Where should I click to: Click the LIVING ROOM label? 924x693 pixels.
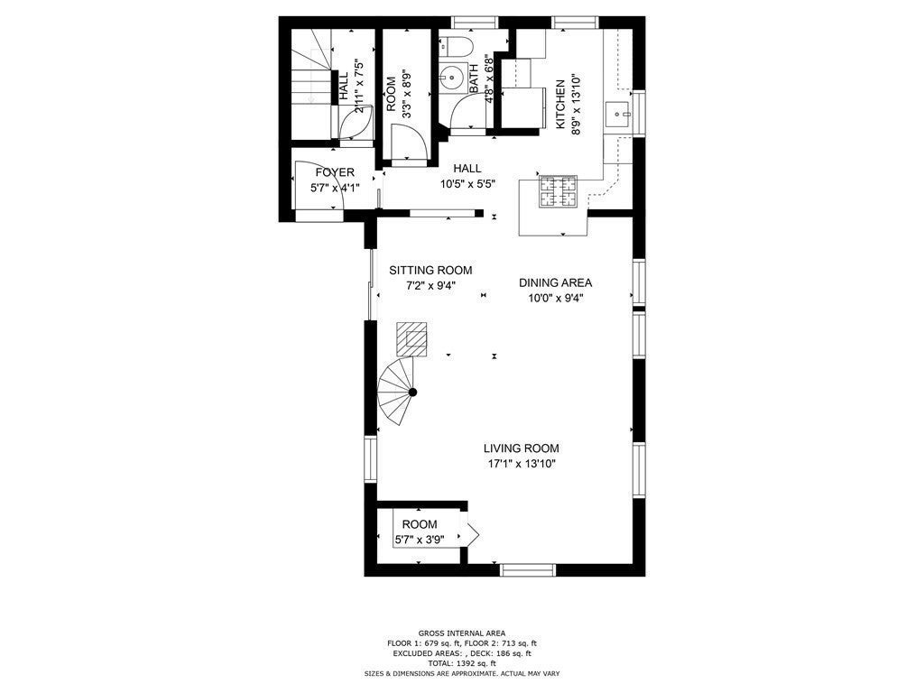[x=521, y=448]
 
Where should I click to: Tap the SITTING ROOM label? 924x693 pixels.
[x=430, y=271]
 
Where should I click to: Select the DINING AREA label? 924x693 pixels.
[x=555, y=282]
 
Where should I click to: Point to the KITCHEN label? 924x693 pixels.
[x=560, y=105]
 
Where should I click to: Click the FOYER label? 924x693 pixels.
[x=335, y=172]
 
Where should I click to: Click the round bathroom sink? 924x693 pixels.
[x=453, y=77]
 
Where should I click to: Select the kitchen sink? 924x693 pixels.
[x=618, y=114]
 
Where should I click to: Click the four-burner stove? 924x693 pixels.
[x=558, y=191]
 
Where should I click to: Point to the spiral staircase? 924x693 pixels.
[x=396, y=392]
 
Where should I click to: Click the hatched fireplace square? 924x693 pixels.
[x=412, y=339]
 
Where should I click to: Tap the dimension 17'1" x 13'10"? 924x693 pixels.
[x=522, y=464]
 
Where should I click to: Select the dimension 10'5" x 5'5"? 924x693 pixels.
[x=467, y=184]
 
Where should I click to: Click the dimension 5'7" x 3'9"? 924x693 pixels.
[x=420, y=539]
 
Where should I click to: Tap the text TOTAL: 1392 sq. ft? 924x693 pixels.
[x=461, y=663]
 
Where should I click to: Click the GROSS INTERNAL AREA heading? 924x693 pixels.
[x=461, y=633]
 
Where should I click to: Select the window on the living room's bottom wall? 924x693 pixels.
[x=527, y=570]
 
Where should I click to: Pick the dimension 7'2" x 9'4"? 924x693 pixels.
[x=430, y=286]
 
